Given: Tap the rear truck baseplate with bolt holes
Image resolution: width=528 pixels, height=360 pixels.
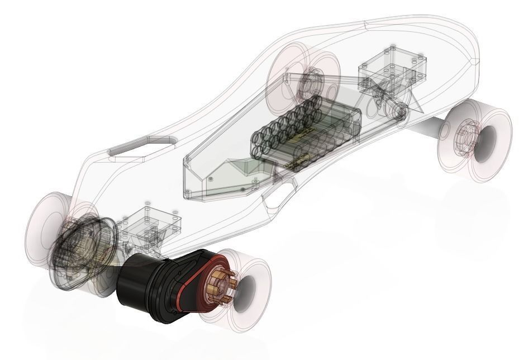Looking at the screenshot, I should click(150, 224).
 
